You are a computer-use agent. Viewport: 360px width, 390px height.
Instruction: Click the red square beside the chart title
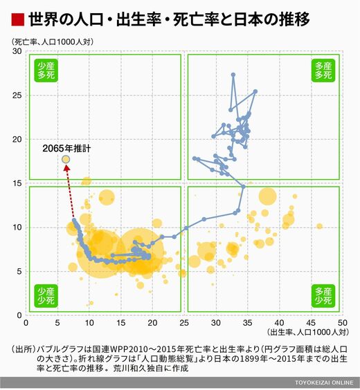[x=18, y=20]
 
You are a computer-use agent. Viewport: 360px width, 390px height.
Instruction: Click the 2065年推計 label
[x=66, y=149]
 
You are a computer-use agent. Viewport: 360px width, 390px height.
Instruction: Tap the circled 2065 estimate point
[x=66, y=160]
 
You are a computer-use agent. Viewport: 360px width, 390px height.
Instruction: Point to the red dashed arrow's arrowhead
[x=66, y=168]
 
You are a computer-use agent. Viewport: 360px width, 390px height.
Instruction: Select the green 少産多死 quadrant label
[x=46, y=71]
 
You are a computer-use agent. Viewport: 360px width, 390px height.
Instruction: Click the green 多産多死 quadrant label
[x=323, y=71]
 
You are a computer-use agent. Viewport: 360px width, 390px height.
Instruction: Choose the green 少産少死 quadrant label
[x=46, y=296]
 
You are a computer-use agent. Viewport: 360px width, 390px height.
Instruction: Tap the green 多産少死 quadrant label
[x=323, y=296]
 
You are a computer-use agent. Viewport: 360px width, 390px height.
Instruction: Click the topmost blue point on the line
[x=233, y=75]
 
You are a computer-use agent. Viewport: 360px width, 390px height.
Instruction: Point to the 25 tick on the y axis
[x=17, y=95]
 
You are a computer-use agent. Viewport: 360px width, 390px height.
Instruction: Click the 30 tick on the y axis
[x=17, y=51]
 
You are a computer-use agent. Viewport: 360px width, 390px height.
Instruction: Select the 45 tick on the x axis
[x=311, y=323]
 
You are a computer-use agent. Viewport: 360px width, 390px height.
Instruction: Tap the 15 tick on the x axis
[x=120, y=323]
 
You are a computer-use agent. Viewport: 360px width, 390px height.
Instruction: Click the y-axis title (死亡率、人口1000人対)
[x=53, y=41]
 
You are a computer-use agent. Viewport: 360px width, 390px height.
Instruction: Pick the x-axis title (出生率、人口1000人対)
[x=308, y=332]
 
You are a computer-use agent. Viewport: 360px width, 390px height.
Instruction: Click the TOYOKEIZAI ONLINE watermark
[x=324, y=382]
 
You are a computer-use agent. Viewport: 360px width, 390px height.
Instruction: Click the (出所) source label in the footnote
[x=24, y=349]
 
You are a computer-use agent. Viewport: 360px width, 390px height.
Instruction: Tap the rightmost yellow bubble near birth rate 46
[x=319, y=226]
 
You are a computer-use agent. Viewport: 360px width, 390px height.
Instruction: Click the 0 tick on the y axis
[x=19, y=315]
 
